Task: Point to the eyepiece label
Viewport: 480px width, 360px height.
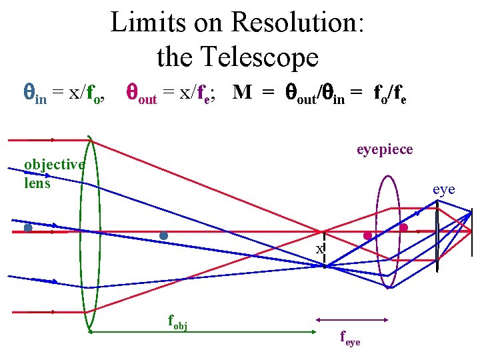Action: [385, 150]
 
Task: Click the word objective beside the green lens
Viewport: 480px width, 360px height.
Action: [54, 165]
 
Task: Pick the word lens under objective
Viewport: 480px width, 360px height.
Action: [37, 182]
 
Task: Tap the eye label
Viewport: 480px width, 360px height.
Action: [443, 189]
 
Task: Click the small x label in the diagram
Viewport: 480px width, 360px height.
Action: [319, 248]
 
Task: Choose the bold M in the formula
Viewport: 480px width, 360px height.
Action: [243, 93]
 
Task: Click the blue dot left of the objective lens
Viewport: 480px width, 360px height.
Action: [28, 228]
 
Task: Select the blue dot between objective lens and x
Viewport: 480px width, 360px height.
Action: [164, 235]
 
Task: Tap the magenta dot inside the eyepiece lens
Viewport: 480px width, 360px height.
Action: [367, 236]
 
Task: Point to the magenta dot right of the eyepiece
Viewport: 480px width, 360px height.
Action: [403, 227]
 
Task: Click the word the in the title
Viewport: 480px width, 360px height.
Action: [174, 57]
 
